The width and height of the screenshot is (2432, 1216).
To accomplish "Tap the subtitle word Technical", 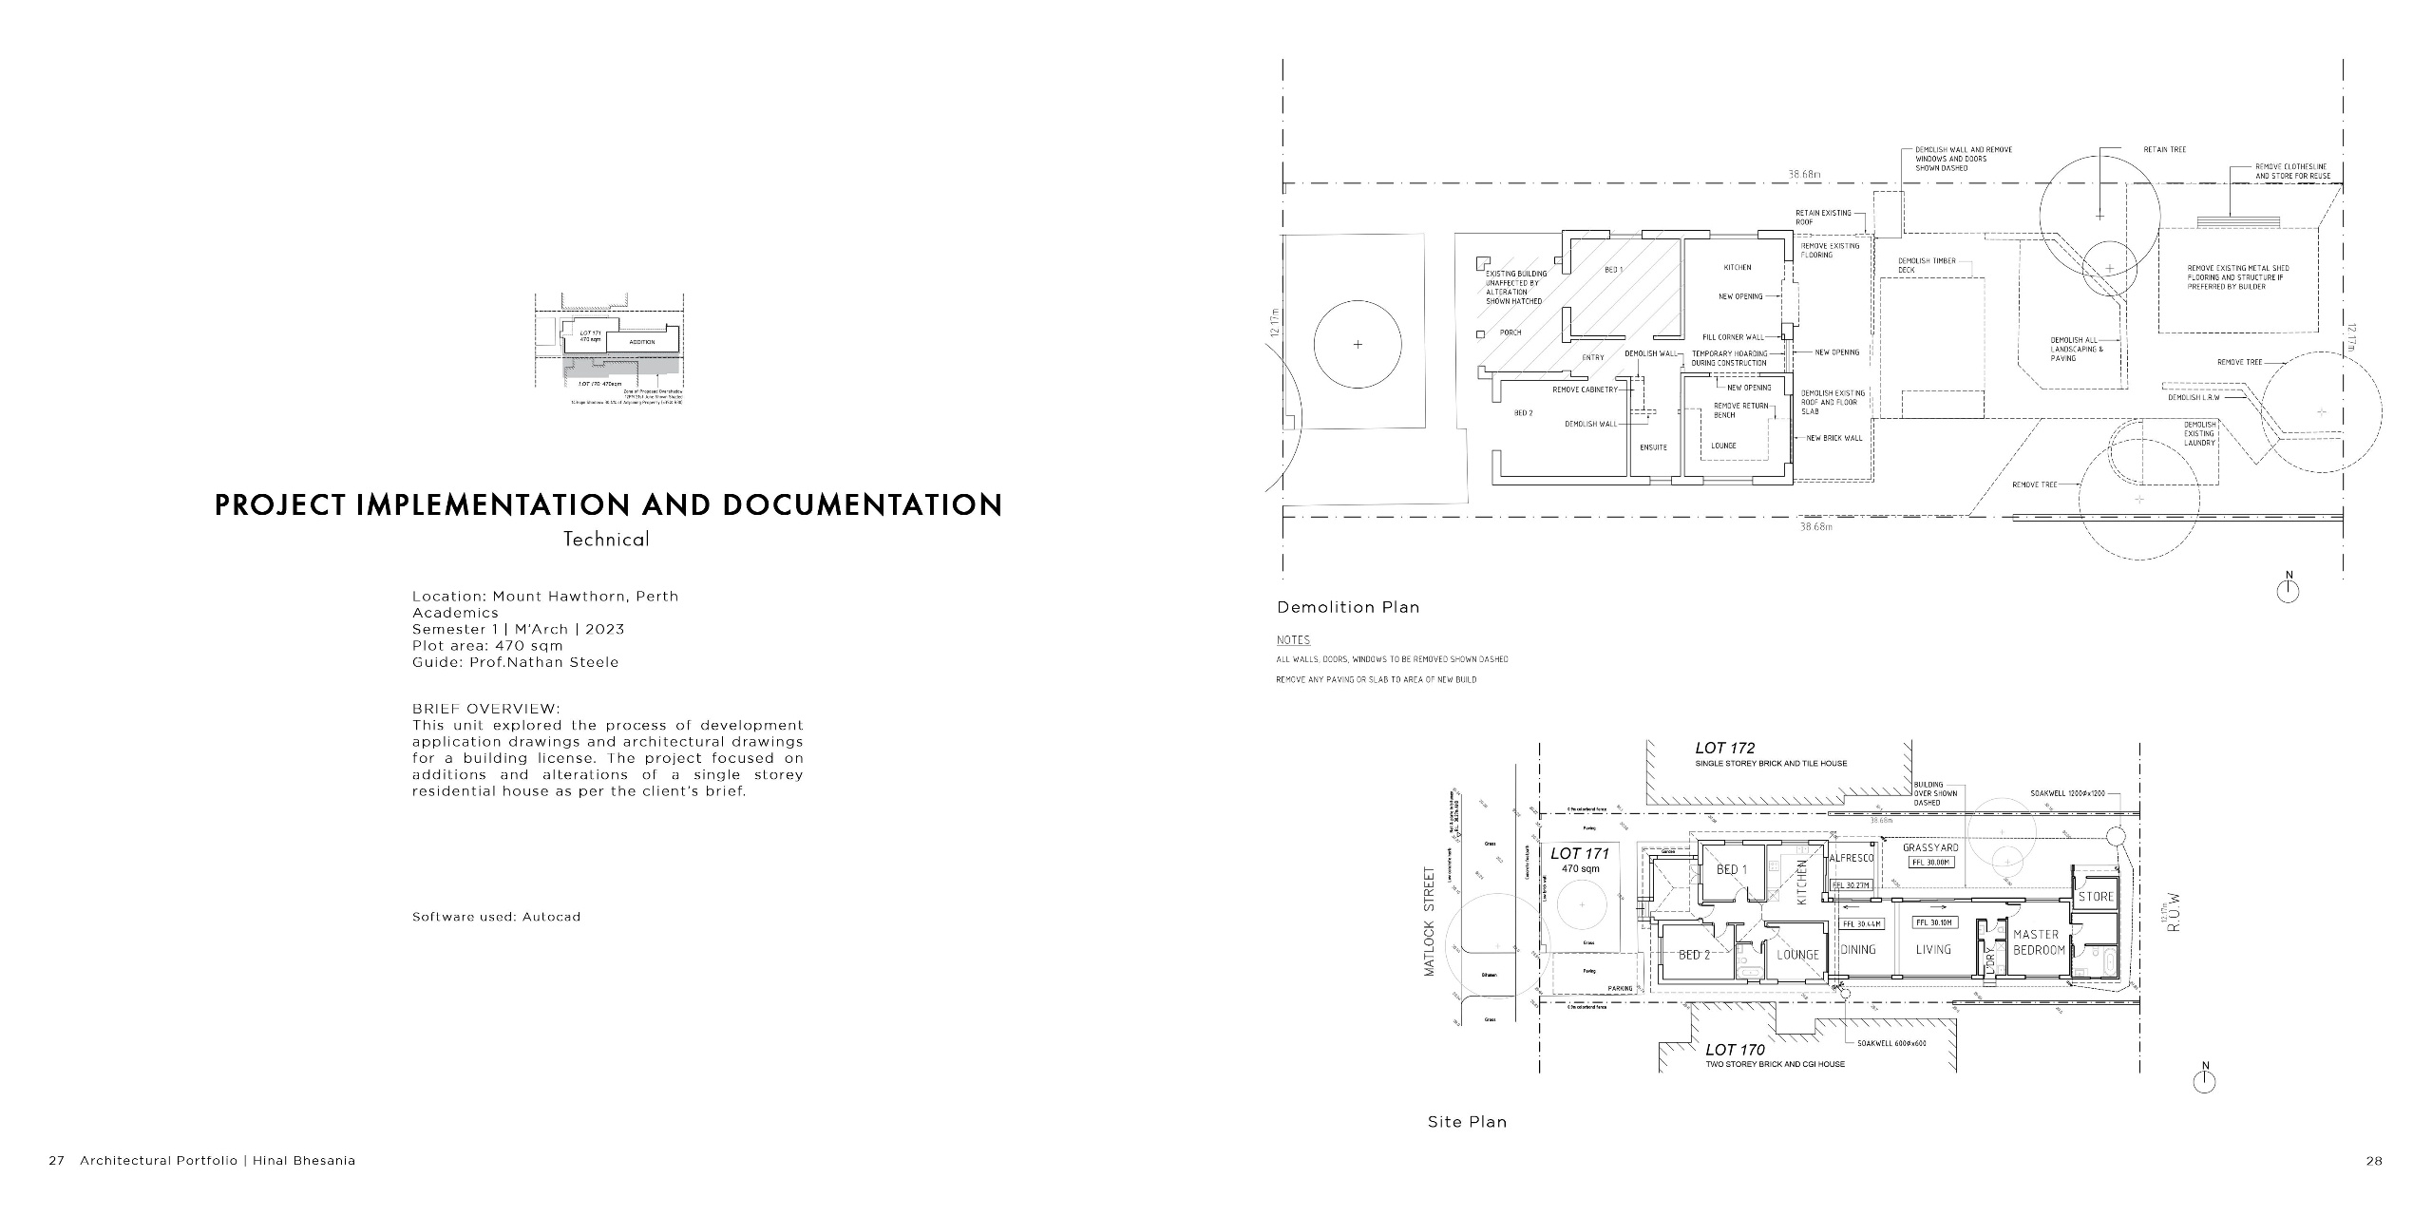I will point(606,540).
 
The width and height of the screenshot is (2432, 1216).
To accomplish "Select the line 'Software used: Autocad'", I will point(496,917).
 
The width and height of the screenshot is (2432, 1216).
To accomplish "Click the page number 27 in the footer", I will point(56,1161).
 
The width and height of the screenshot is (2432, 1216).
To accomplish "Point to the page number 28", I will point(2373,1161).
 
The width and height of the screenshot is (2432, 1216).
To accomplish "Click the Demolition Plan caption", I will point(1347,607).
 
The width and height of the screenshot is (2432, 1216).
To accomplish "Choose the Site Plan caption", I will point(1467,1122).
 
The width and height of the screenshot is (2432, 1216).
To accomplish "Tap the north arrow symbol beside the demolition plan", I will point(2288,591).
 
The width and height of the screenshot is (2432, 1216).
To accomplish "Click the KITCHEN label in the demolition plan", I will point(1737,268).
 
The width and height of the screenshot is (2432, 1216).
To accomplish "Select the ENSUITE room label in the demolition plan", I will point(1653,446).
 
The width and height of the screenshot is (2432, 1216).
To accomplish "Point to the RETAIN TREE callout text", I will point(2164,150).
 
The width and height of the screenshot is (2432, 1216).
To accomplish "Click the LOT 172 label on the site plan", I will point(1724,749).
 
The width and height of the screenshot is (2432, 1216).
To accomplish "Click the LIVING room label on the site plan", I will point(1932,949).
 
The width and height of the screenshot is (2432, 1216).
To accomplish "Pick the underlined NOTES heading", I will point(1293,640).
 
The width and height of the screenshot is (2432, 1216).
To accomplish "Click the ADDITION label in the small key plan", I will point(641,342).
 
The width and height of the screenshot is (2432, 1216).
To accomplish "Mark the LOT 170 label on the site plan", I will point(1735,1050).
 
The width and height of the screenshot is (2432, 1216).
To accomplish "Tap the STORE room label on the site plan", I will point(2095,897).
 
